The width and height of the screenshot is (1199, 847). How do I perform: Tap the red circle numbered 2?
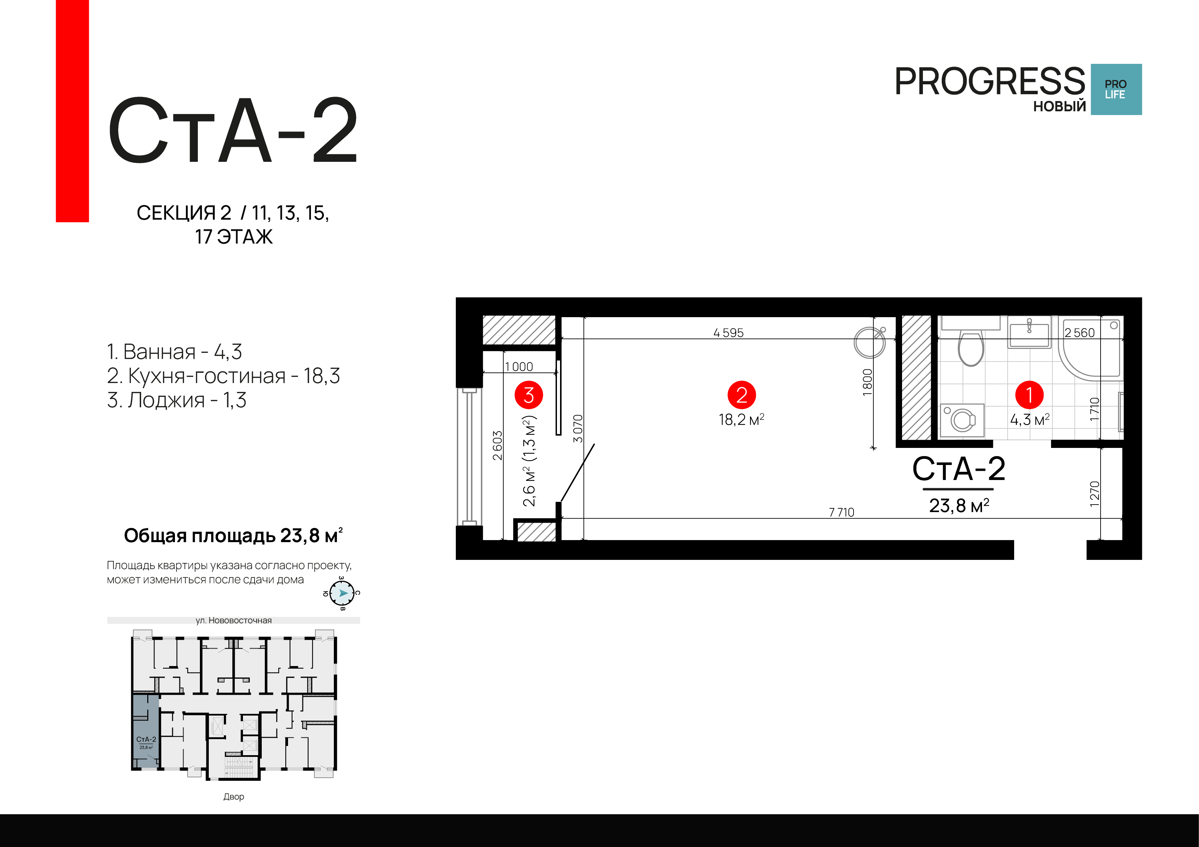coord(741,395)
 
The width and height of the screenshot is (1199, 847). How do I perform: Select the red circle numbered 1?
coord(1029,395)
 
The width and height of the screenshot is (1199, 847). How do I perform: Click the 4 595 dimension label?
coord(728,333)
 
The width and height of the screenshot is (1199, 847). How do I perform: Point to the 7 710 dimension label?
coord(841,512)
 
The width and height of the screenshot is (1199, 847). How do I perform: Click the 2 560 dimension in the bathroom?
coord(1079,333)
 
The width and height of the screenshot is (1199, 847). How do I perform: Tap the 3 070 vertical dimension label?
coord(577,428)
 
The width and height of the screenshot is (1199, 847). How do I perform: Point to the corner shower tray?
coord(1090,348)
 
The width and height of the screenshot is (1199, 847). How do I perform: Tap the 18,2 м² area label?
coord(741,420)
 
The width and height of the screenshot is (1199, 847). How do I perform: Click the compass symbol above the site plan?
coord(342,593)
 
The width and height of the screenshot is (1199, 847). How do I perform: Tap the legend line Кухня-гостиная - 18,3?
coord(223,376)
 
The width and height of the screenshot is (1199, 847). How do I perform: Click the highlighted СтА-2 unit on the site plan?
coord(146,731)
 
